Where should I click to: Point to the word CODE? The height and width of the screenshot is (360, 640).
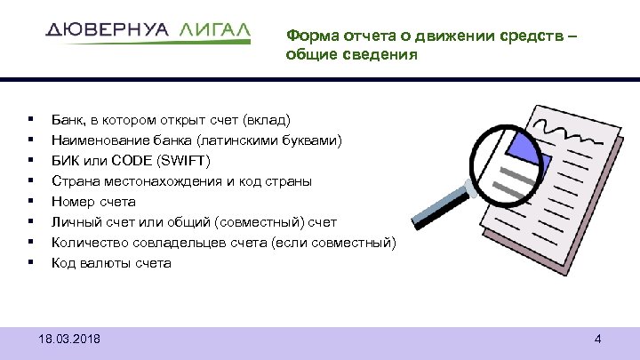[x=133, y=160]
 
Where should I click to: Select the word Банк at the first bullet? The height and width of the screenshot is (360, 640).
[x=68, y=119]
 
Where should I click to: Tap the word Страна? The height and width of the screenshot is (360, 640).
[x=74, y=180]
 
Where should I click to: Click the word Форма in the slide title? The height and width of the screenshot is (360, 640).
[x=307, y=36]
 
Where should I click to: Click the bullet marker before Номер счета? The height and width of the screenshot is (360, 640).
[x=31, y=201]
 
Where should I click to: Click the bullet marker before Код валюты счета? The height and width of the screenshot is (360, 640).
[x=31, y=262]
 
